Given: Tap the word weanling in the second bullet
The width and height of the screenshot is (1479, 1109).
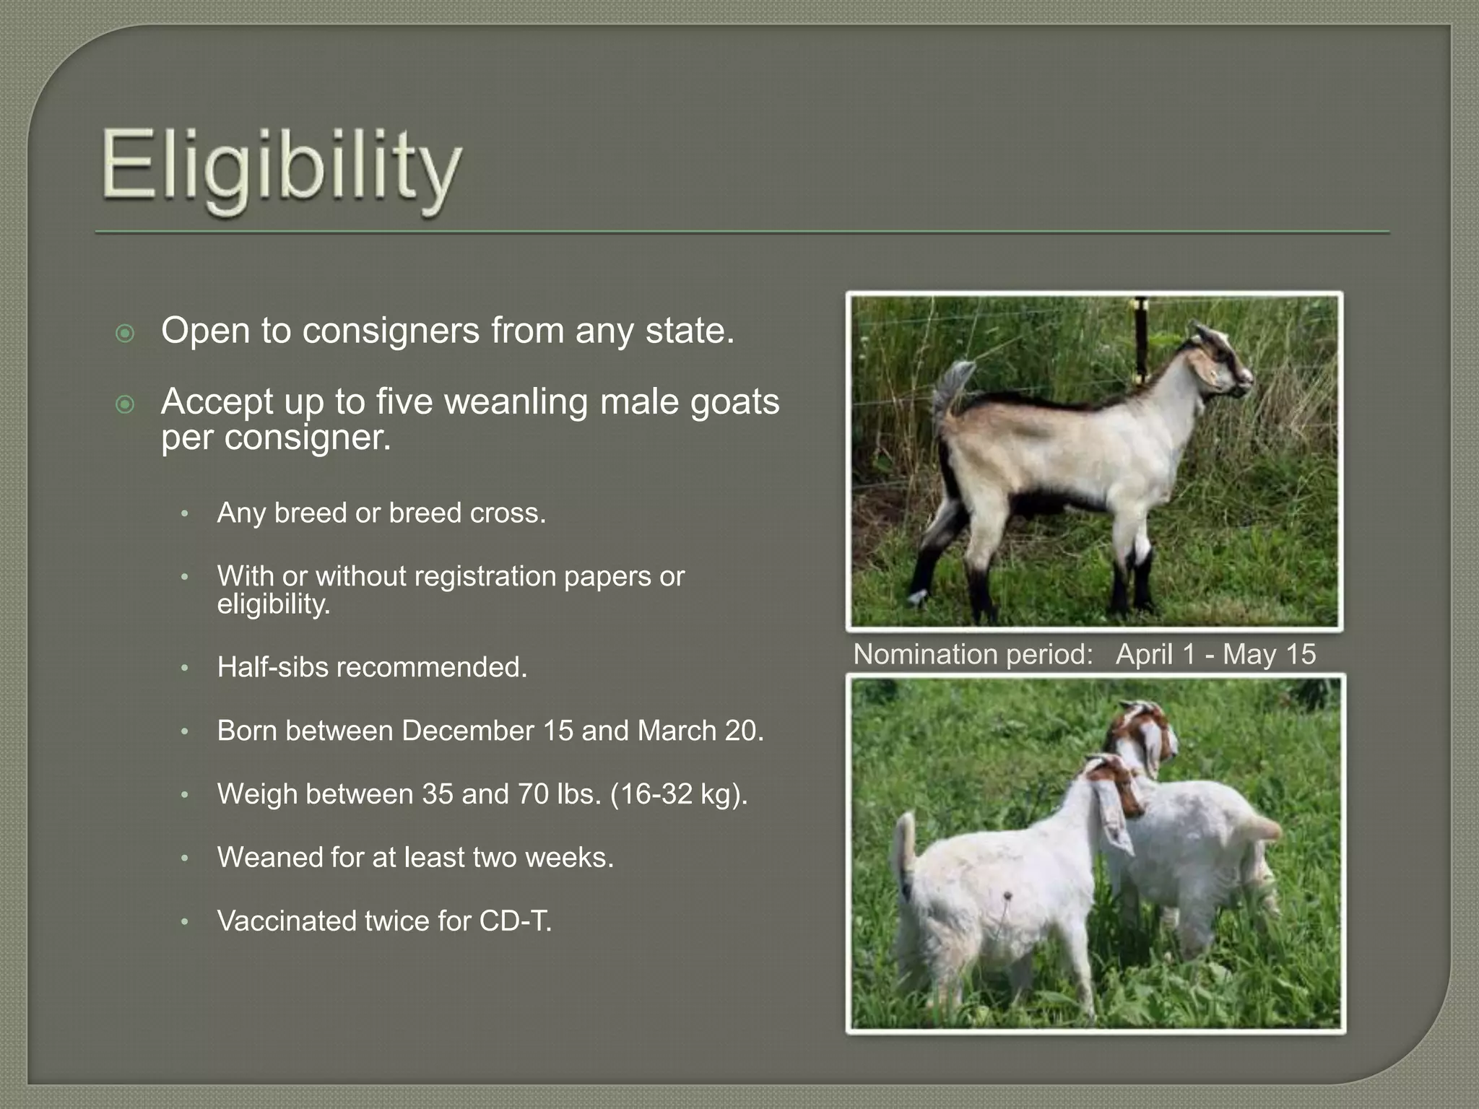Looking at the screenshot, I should click(x=516, y=401).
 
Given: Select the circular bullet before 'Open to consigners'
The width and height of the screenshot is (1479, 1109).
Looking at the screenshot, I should click(x=125, y=333).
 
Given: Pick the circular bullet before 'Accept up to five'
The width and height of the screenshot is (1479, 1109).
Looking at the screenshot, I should click(x=125, y=404).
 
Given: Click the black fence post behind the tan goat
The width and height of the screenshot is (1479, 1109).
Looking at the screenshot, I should click(x=1141, y=339).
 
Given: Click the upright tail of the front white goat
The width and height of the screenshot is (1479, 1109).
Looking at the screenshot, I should click(x=904, y=841).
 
